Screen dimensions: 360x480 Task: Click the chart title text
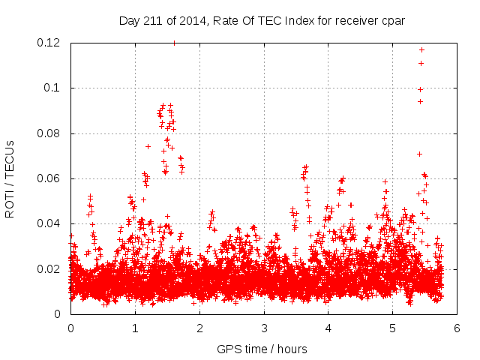pyautogui.click(x=262, y=21)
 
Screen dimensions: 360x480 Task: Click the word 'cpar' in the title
pyautogui.click(x=392, y=21)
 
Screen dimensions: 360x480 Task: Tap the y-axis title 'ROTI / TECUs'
pyautogui.click(x=10, y=178)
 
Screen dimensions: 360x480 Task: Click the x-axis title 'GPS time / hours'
pyautogui.click(x=262, y=349)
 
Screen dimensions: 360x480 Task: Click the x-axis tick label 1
pyautogui.click(x=135, y=328)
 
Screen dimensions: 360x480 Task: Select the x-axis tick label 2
pyautogui.click(x=199, y=328)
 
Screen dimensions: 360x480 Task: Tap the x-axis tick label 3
pyautogui.click(x=264, y=328)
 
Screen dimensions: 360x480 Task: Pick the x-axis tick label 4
pyautogui.click(x=328, y=328)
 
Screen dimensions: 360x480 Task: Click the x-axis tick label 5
pyautogui.click(x=393, y=328)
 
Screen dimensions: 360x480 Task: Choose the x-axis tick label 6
pyautogui.click(x=457, y=328)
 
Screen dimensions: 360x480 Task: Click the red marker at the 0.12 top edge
pyautogui.click(x=175, y=43)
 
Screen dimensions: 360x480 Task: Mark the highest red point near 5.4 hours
pyautogui.click(x=421, y=49)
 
